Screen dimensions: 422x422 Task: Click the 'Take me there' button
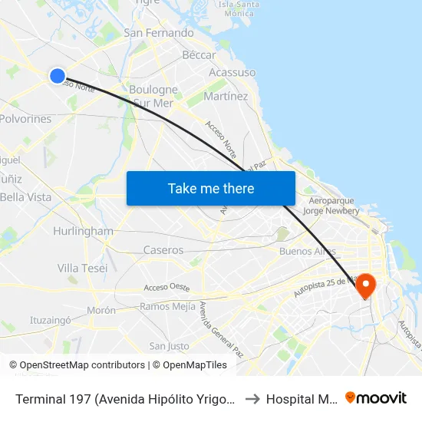211,188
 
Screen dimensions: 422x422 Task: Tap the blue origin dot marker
58,75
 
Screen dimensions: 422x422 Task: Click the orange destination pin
366,285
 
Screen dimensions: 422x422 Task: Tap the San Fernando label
159,33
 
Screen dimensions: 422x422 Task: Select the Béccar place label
199,55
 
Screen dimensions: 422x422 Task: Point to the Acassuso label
232,73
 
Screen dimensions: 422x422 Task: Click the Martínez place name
226,97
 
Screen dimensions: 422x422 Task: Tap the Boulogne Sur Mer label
153,96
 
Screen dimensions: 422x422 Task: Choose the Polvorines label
26,119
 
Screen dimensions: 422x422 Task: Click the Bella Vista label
26,197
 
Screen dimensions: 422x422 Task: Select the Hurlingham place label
83,231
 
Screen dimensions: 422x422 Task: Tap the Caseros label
163,250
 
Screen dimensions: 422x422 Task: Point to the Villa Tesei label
82,268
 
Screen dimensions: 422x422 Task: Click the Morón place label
101,310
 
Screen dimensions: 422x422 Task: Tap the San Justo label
169,346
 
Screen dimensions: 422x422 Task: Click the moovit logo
376,397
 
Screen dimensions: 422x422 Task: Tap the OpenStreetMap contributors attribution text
82,365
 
